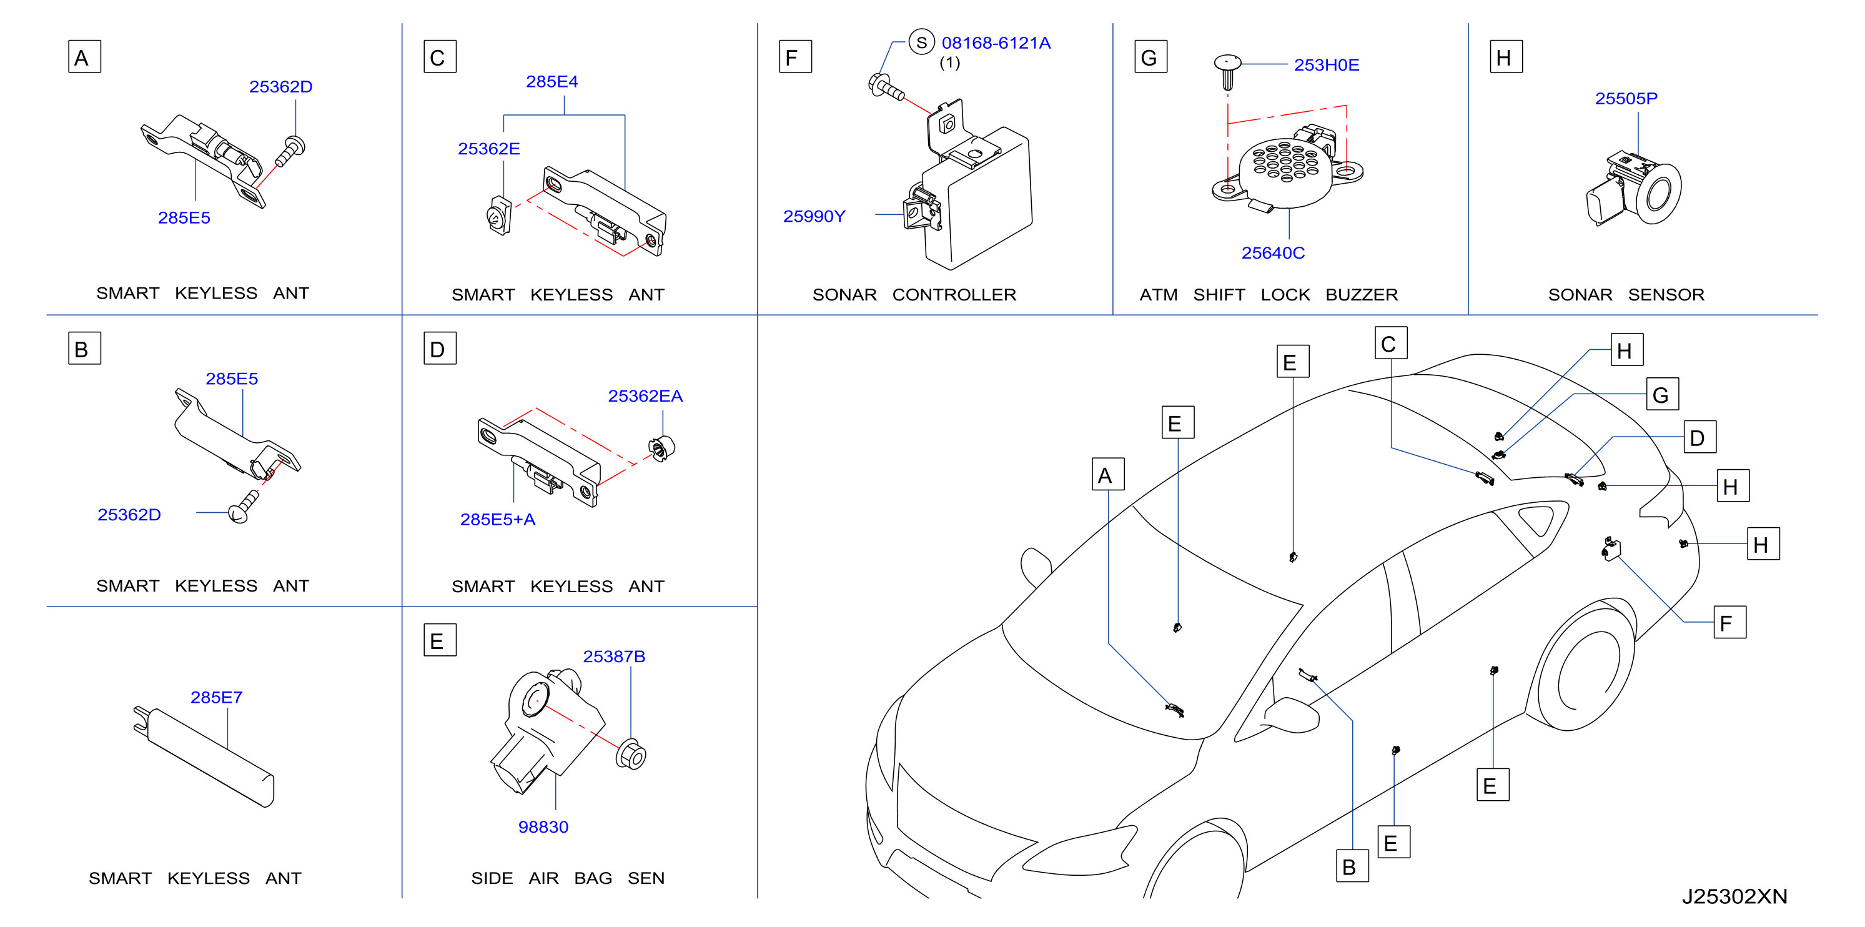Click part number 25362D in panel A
pyautogui.click(x=281, y=87)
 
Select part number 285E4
pyautogui.click(x=552, y=82)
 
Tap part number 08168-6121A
pyautogui.click(x=996, y=44)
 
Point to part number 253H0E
pyautogui.click(x=1327, y=65)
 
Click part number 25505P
pyautogui.click(x=1626, y=99)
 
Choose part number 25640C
pyautogui.click(x=1273, y=254)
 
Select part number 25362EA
pyautogui.click(x=645, y=396)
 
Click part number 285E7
pyautogui.click(x=217, y=697)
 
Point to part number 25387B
pyautogui.click(x=614, y=657)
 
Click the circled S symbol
pyautogui.click(x=922, y=42)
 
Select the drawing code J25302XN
pyautogui.click(x=1734, y=896)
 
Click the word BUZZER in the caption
pyautogui.click(x=1362, y=295)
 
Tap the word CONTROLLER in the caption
pyautogui.click(x=954, y=295)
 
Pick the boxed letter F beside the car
pyautogui.click(x=1729, y=622)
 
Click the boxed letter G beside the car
pyautogui.click(x=1662, y=395)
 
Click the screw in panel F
pyautogui.click(x=886, y=87)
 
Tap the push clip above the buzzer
pyautogui.click(x=1227, y=72)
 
